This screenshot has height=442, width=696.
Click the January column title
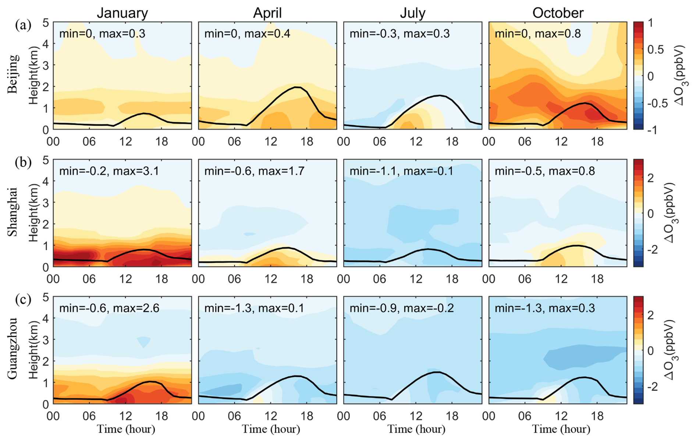click(x=122, y=13)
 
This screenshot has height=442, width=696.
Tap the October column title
click(x=558, y=13)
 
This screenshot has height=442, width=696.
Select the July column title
click(x=413, y=13)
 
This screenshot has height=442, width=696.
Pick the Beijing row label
click(x=13, y=74)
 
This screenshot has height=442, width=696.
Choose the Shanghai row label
click(x=13, y=212)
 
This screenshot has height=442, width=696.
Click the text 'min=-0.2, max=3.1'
click(x=109, y=171)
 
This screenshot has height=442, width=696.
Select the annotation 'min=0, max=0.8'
click(x=537, y=34)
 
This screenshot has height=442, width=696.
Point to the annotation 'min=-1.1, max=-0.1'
click(x=401, y=171)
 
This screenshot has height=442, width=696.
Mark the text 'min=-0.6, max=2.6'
click(x=109, y=308)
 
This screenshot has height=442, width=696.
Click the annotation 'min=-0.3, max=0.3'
click(x=400, y=34)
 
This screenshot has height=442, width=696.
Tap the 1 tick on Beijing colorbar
click(x=650, y=23)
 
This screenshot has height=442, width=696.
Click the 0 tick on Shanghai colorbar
click(x=650, y=214)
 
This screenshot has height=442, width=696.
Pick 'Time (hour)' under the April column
click(x=271, y=429)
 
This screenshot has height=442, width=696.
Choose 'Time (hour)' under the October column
click(x=561, y=429)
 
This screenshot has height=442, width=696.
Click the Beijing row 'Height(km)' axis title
click(x=34, y=75)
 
